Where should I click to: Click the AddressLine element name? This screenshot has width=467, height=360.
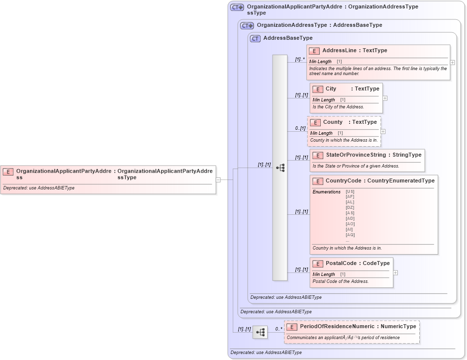[341, 50]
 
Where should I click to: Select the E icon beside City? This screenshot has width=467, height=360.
[317, 89]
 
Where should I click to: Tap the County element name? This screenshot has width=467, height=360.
[333, 122]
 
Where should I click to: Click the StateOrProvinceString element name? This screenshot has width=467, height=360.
[356, 155]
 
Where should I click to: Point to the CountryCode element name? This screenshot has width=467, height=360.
[343, 180]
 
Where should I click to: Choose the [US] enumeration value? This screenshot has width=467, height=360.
[350, 191]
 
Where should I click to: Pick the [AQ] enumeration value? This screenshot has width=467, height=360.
[350, 235]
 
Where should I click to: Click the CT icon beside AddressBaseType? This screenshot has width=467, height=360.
[255, 38]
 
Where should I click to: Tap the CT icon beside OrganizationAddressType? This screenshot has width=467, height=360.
[247, 25]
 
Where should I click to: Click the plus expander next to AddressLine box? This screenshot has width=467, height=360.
[452, 63]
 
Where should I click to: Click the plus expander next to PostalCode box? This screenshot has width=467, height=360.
[395, 272]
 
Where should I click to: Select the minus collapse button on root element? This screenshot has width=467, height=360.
[218, 180]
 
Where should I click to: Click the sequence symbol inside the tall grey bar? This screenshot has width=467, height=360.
[280, 168]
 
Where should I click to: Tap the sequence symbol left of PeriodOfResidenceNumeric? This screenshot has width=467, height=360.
[260, 332]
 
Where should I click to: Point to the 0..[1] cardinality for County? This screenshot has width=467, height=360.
[300, 128]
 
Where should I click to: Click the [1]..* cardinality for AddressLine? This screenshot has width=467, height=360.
[299, 59]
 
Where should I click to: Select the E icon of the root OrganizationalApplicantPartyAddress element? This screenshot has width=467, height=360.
[8, 172]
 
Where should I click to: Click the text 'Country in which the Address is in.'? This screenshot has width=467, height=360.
[347, 248]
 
